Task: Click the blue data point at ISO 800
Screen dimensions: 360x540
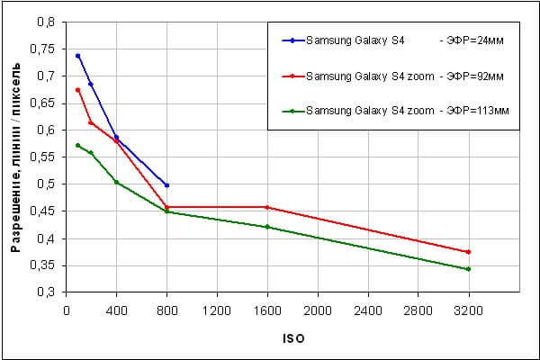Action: (x=166, y=184)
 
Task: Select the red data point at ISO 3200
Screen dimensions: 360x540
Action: (x=468, y=252)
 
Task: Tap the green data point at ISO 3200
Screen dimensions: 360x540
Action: (x=468, y=268)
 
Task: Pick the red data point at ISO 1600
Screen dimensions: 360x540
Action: (x=267, y=207)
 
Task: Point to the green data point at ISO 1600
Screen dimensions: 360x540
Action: (x=267, y=227)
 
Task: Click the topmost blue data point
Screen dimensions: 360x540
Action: (x=78, y=56)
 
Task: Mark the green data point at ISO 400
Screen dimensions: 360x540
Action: (x=116, y=182)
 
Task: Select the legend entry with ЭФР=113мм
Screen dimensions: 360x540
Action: (x=396, y=111)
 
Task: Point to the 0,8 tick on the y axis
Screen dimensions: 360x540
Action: (x=44, y=22)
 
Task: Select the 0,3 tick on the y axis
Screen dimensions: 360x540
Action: (x=44, y=292)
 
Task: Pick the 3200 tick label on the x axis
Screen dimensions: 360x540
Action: (x=468, y=310)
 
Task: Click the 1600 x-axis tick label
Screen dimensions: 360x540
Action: (x=267, y=310)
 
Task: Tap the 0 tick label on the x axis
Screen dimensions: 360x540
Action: (x=66, y=310)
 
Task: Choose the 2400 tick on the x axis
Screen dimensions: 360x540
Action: (x=367, y=310)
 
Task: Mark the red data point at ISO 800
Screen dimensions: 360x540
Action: (x=166, y=207)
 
